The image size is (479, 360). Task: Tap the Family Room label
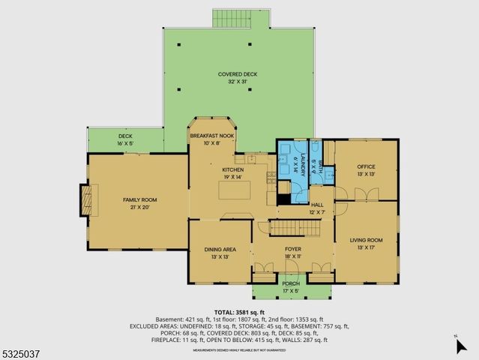coord(136,199)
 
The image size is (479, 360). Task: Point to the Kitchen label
coord(233,170)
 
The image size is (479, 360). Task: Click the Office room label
coord(366,166)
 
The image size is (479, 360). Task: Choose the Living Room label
coord(366,240)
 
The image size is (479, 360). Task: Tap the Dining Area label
coord(220,249)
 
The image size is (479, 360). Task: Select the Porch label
coord(291,283)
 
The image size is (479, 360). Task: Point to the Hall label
coord(317,205)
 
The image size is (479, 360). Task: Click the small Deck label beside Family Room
coord(124,136)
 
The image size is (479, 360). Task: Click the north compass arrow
coord(460,345)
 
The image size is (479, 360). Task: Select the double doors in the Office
coord(365,194)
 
